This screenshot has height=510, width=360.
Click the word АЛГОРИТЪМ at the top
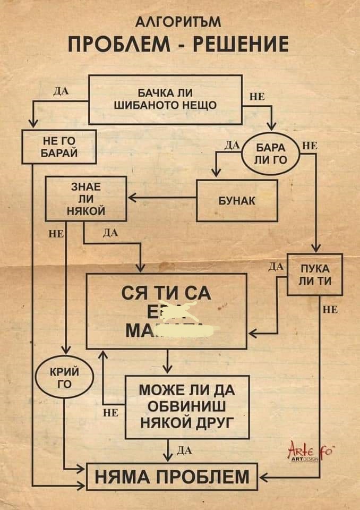pyautogui.click(x=179, y=22)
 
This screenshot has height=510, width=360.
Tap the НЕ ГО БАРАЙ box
pyautogui.click(x=59, y=146)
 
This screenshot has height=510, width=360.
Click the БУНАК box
pyautogui.click(x=237, y=200)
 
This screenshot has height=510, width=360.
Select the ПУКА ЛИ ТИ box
pyautogui.click(x=314, y=274)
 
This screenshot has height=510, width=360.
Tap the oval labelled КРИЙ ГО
pyautogui.click(x=64, y=377)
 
